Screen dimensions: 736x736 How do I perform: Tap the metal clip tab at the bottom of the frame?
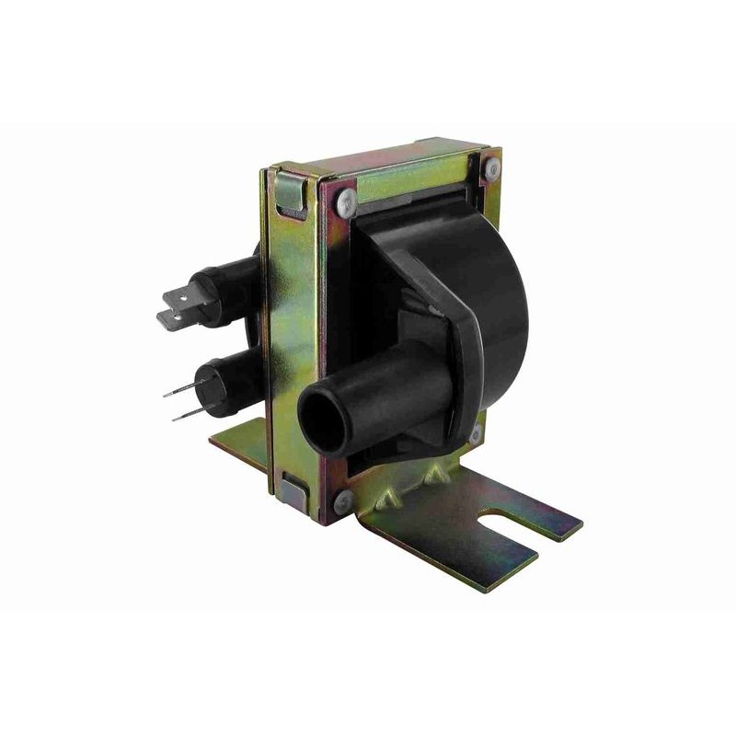[294, 490]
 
